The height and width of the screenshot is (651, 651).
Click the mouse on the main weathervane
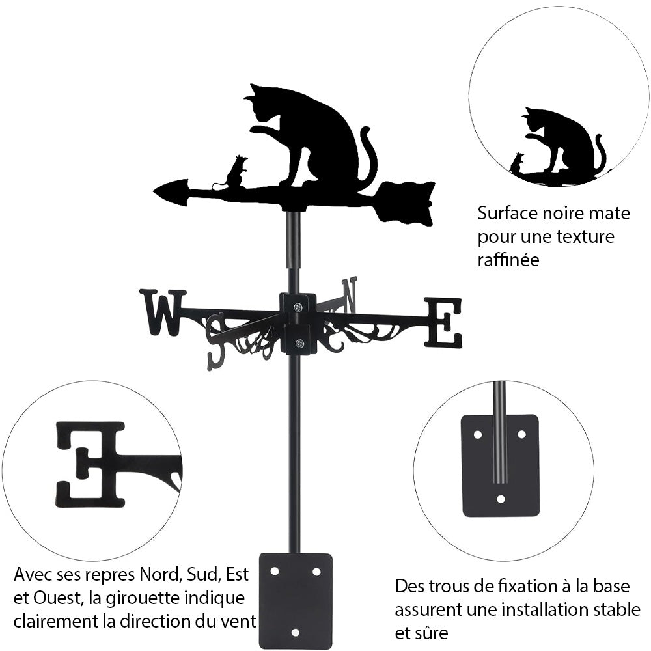pyautogui.click(x=236, y=172)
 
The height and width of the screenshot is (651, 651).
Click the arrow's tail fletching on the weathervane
pyautogui.click(x=407, y=202)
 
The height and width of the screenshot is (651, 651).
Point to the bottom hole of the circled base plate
pyautogui.click(x=500, y=499)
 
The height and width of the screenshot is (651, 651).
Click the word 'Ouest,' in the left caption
pyautogui.click(x=55, y=598)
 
